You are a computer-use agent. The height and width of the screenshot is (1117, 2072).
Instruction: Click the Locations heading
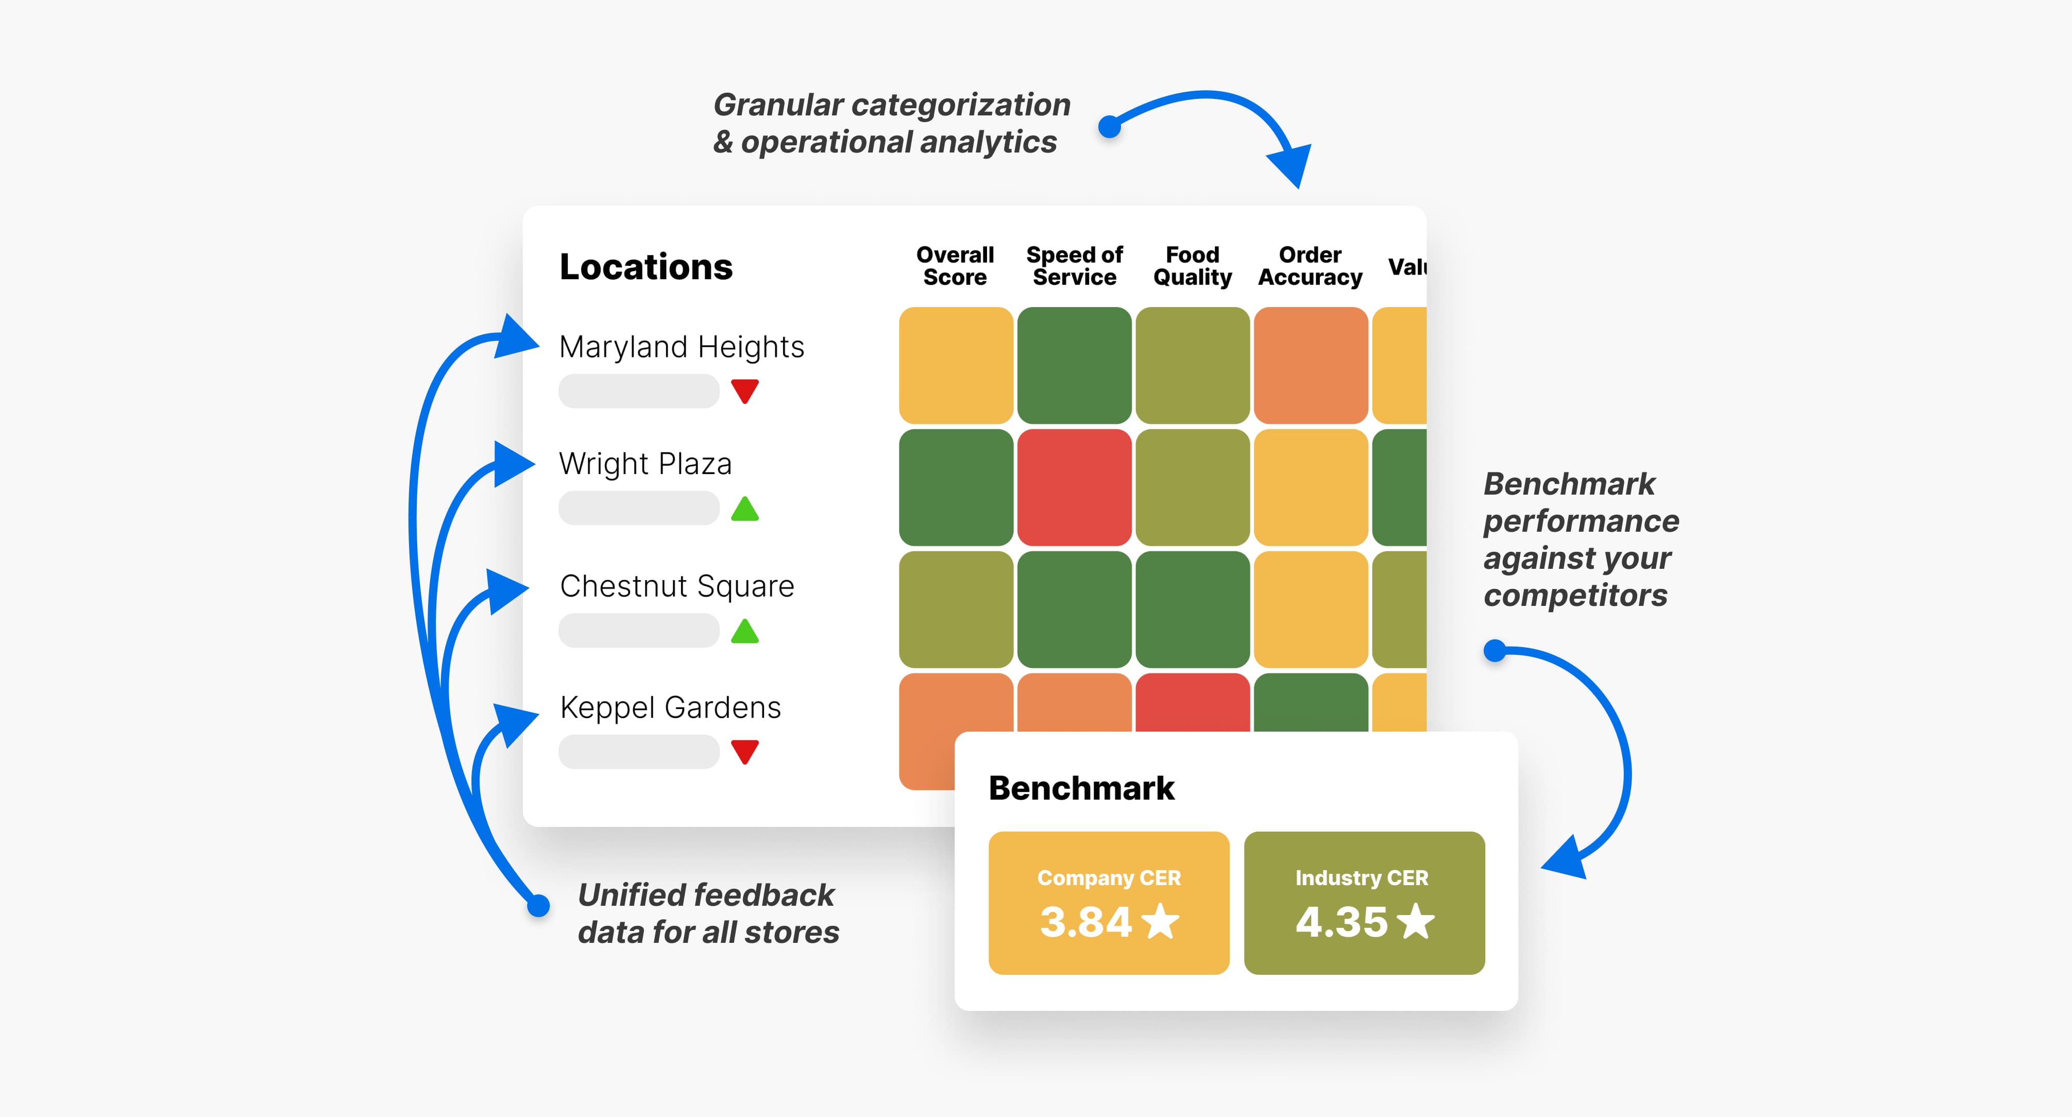(x=646, y=267)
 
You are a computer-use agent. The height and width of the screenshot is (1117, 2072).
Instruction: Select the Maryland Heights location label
(x=681, y=347)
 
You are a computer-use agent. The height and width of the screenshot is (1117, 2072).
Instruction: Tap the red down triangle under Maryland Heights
(x=745, y=391)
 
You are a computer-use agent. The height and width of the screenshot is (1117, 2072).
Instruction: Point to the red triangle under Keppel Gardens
(x=745, y=752)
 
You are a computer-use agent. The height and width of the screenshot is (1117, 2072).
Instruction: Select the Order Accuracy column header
(x=1310, y=266)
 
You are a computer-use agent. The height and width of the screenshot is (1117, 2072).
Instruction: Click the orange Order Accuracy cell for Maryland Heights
(x=1310, y=365)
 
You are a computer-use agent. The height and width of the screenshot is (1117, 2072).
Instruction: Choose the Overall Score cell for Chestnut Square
(x=956, y=610)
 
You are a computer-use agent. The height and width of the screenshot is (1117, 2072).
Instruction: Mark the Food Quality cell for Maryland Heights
(x=1192, y=365)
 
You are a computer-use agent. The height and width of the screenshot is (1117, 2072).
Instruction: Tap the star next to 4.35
(x=1416, y=922)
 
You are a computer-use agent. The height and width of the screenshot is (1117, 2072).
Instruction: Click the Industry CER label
(x=1361, y=878)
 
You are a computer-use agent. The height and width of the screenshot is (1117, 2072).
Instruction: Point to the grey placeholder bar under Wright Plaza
(x=639, y=508)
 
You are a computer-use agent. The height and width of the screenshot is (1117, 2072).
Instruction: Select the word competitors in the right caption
(x=1575, y=596)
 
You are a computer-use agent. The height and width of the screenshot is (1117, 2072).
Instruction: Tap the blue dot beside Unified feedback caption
(x=538, y=906)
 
